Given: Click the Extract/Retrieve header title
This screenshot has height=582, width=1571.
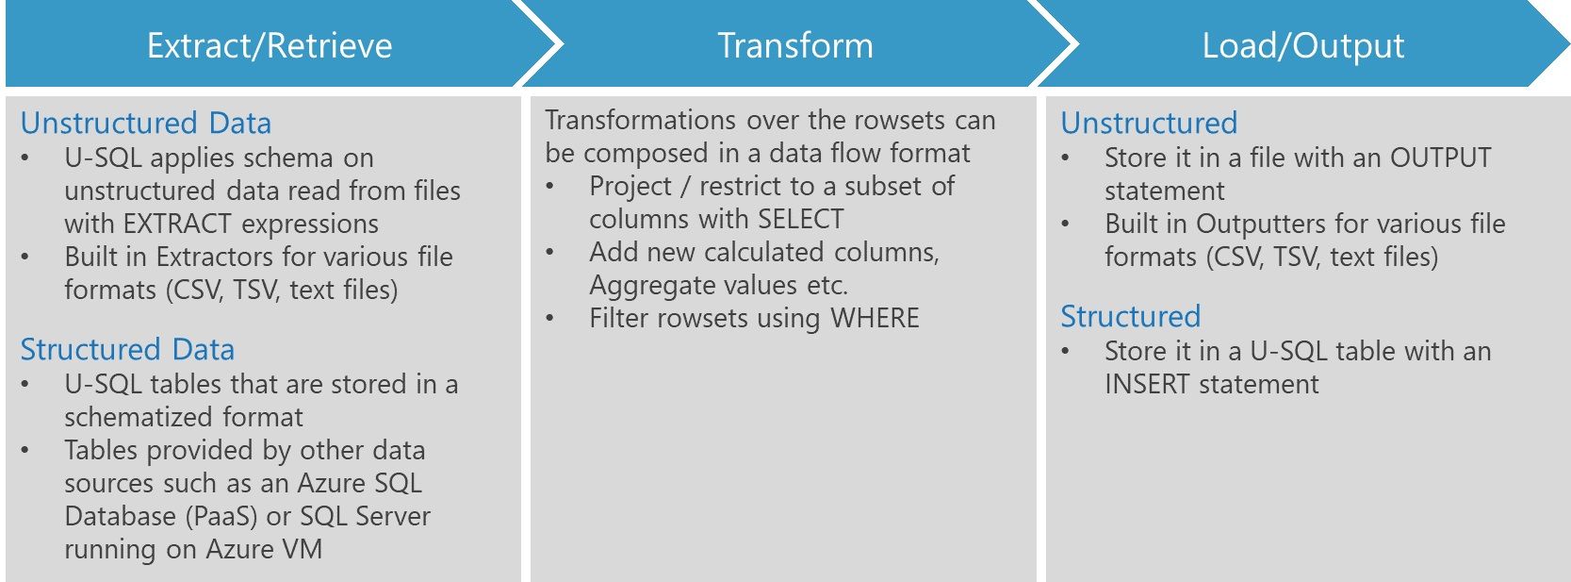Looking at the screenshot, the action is point(270,46).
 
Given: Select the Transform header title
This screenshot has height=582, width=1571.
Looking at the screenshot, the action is point(795,45).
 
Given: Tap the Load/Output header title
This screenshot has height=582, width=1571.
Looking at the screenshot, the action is point(1303,46).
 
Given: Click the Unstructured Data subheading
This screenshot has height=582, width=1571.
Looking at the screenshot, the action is point(146,123).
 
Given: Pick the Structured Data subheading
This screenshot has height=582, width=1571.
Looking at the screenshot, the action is point(127,350).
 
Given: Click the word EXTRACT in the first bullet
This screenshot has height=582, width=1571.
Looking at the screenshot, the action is point(177,224).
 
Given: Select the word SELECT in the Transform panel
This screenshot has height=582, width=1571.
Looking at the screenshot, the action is point(801,220).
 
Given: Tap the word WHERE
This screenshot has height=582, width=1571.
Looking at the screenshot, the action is point(875,319).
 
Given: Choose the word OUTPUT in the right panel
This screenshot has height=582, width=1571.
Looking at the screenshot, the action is point(1441,158).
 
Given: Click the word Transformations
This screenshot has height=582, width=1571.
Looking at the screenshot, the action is point(640,121).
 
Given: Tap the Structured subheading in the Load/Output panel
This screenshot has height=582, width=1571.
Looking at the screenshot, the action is point(1131,317).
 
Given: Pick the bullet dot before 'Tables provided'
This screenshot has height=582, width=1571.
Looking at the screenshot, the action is point(25,451).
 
